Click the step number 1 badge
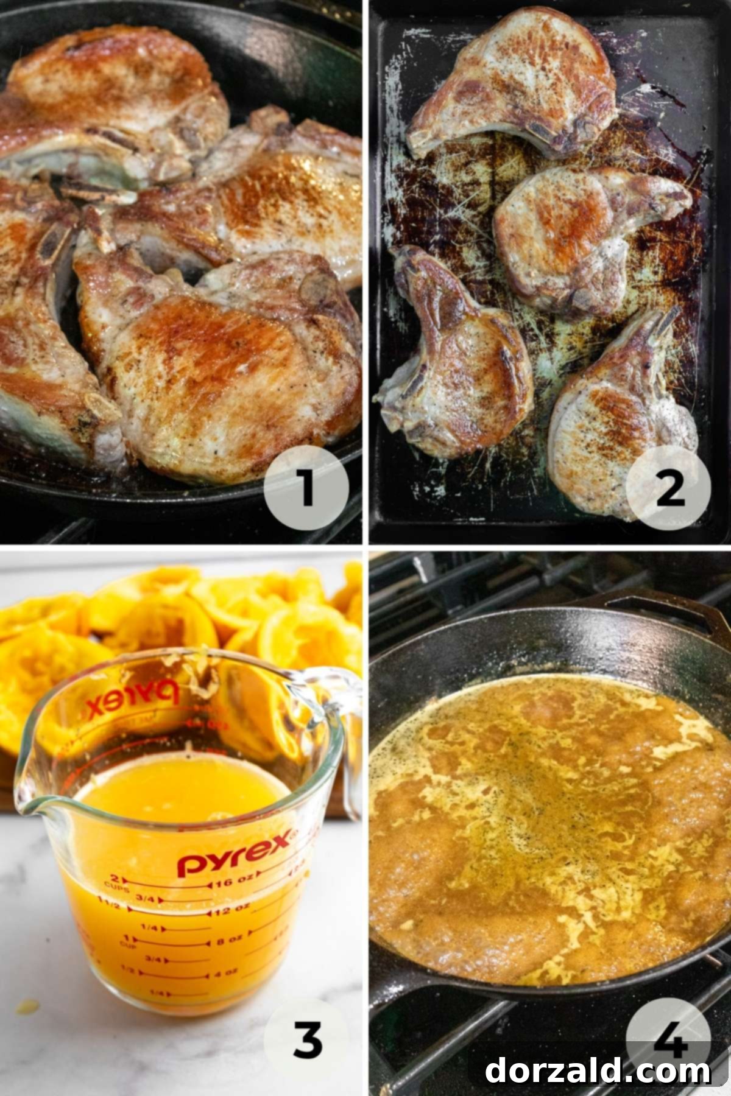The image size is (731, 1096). (306, 488)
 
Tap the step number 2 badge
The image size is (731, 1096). (668, 488)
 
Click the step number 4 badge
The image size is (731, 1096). (668, 1035)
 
